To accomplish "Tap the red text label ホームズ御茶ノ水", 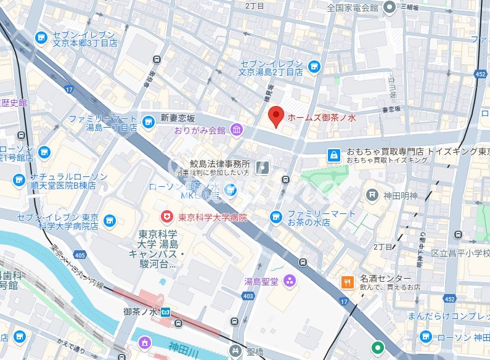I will pos(322,117).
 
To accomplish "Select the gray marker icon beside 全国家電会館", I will pos(389,7).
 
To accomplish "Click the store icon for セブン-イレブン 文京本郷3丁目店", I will pos(42,38).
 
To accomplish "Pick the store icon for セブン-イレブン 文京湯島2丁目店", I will pos(314,66).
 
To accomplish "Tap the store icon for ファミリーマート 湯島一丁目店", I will pos(147,122).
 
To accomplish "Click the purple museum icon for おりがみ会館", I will pos(236,130).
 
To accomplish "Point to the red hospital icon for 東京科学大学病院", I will pos(166,217).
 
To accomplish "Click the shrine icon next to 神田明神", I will pos(372,195).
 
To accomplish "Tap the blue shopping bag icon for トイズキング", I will pos(333,154).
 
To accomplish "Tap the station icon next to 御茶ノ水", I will pos(165,312).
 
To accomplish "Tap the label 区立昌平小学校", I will pos(460,253).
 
